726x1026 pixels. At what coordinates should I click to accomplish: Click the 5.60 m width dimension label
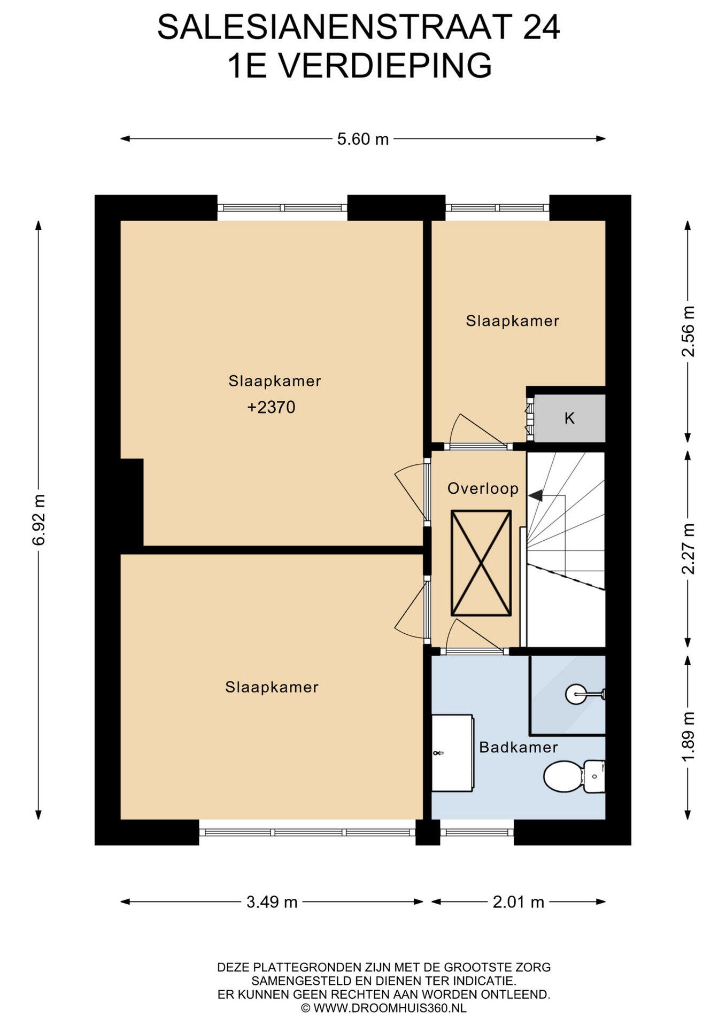[362, 139]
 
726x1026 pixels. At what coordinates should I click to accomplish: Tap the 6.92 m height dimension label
[38, 519]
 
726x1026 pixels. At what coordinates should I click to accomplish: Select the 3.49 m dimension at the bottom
[272, 903]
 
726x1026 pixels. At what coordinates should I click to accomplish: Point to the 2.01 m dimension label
[518, 903]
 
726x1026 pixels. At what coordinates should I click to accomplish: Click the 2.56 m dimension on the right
[689, 331]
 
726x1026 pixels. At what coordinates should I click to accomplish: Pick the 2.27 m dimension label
[689, 548]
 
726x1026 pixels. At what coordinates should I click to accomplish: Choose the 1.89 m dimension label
[689, 737]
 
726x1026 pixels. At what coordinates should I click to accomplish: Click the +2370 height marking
[271, 407]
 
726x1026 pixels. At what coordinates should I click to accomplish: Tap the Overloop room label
[483, 488]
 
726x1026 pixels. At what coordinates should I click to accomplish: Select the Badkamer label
[518, 747]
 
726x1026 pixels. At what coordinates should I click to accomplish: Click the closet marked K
[569, 418]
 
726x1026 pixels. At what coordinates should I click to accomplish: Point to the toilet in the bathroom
[574, 776]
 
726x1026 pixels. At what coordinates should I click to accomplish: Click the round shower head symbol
[575, 694]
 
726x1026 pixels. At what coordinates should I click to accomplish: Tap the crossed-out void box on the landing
[481, 563]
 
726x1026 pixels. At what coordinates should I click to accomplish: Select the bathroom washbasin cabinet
[452, 753]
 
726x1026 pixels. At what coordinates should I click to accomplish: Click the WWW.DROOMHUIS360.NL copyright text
[390, 1008]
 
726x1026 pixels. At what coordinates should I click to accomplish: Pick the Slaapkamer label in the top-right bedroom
[512, 321]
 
